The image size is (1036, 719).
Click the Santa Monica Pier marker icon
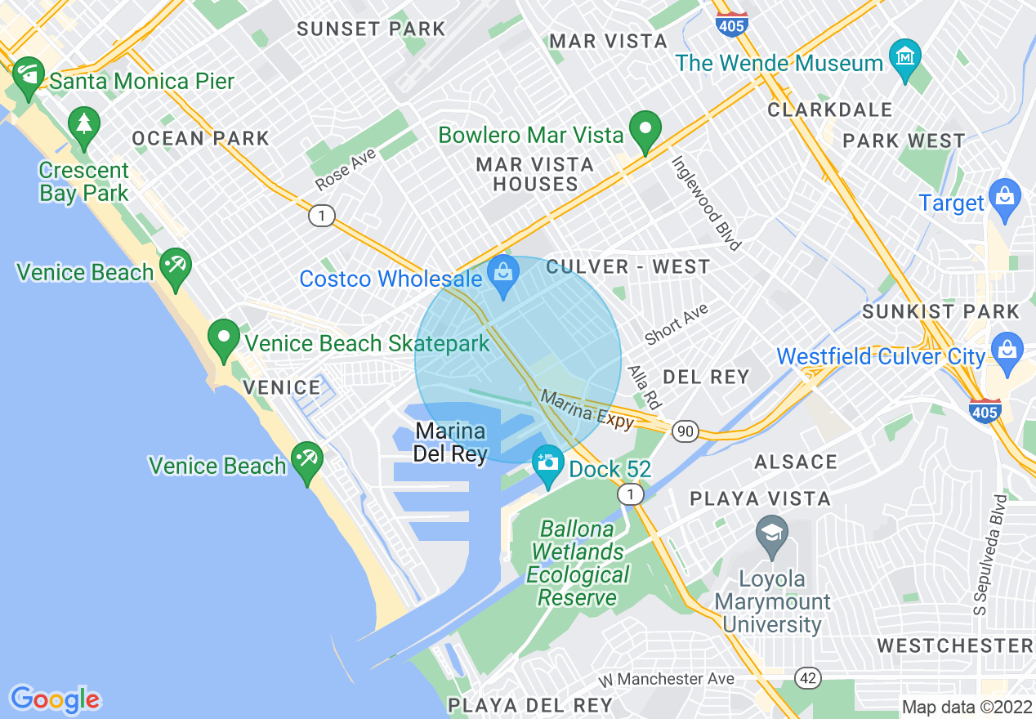click(x=28, y=75)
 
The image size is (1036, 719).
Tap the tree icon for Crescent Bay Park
click(x=84, y=125)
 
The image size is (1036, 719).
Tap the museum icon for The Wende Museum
click(x=905, y=58)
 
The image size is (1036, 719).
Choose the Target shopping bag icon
click(x=1004, y=197)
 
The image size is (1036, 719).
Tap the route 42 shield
click(x=809, y=677)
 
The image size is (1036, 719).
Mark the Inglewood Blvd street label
click(x=706, y=203)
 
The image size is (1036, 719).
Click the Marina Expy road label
click(x=587, y=409)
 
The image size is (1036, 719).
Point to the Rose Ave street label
click(x=346, y=169)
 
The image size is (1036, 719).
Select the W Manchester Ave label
click(x=665, y=679)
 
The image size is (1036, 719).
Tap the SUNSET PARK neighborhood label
click(x=371, y=29)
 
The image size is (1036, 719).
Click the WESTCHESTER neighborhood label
click(x=954, y=645)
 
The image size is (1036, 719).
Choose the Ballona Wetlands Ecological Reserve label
click(x=577, y=564)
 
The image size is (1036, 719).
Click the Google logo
click(x=55, y=699)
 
